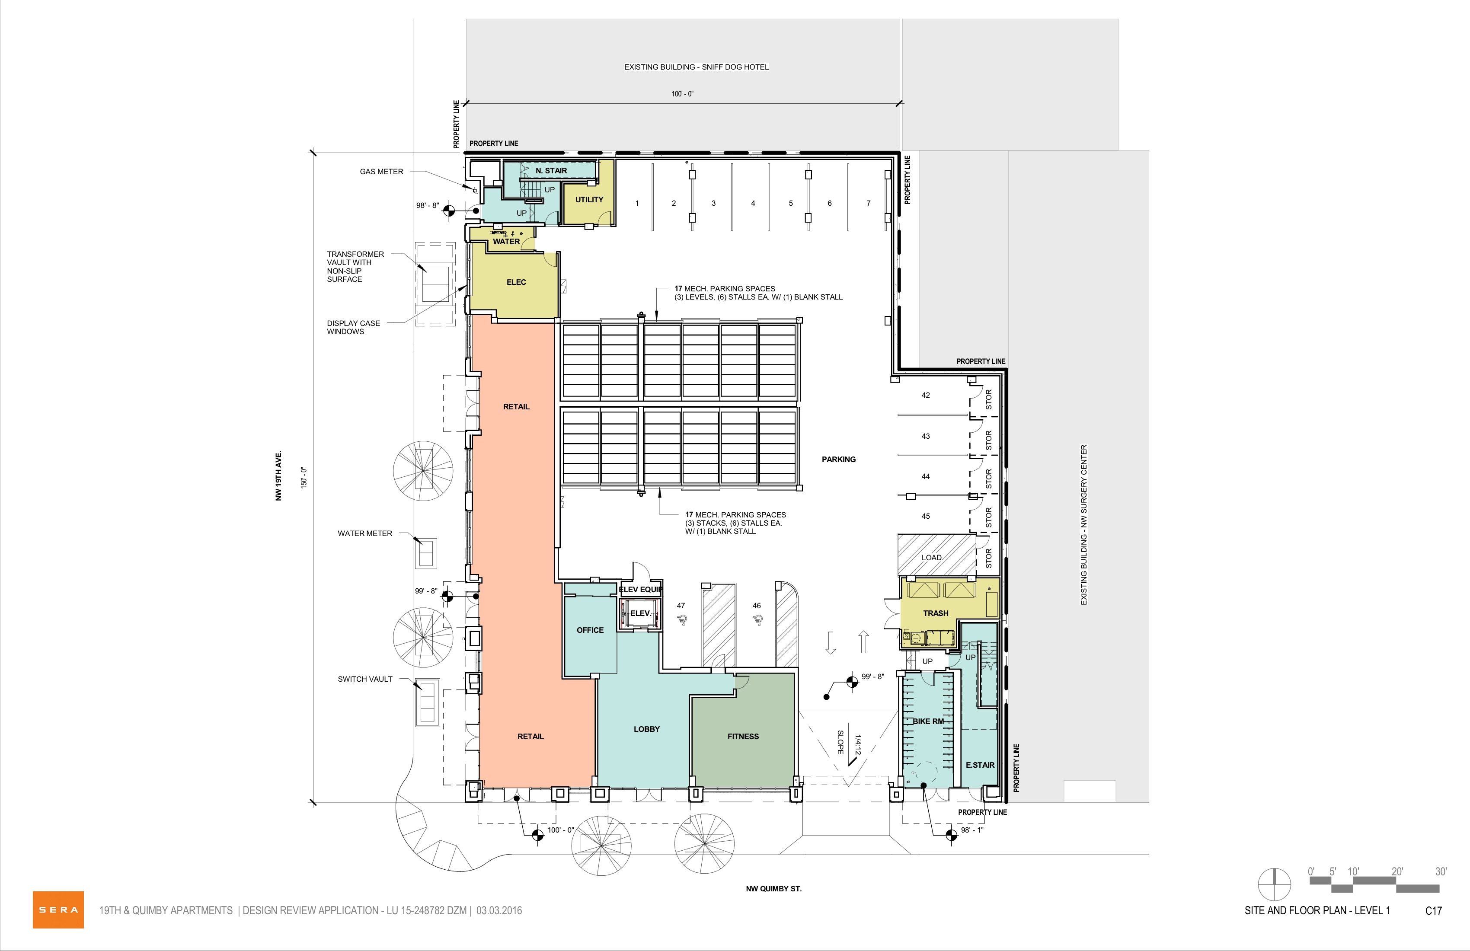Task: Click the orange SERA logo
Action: point(58,910)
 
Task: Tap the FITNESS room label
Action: point(743,736)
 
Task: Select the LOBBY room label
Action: point(647,729)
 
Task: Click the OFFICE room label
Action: point(590,630)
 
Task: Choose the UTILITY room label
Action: point(589,199)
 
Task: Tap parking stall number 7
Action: point(869,203)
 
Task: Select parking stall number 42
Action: point(925,395)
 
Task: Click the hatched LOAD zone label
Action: point(931,558)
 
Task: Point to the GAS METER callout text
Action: point(382,172)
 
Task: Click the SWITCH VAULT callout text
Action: point(365,679)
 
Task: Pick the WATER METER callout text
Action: point(365,533)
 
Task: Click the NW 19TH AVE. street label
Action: point(278,475)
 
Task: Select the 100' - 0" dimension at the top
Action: point(683,94)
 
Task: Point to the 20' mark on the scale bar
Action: point(1397,871)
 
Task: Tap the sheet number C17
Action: point(1434,911)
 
